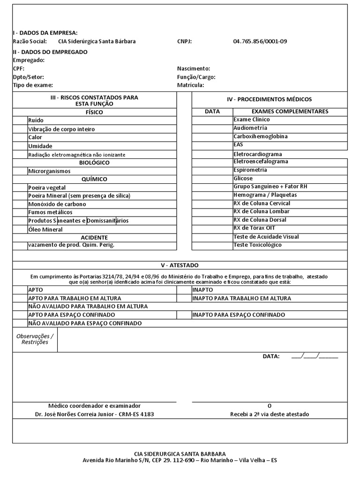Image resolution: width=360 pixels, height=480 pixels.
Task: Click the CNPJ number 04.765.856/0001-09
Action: pos(260,41)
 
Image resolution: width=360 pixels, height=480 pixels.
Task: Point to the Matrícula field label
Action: pos(190,85)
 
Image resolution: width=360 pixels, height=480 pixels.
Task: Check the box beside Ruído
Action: pos(20,120)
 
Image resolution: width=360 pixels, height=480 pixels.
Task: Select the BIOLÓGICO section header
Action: pos(94,163)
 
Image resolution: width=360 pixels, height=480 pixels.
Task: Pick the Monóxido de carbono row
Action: pos(57,204)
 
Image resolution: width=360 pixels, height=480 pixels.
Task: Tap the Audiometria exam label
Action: pos(250,128)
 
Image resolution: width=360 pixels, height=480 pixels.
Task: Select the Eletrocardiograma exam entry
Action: pos(257,154)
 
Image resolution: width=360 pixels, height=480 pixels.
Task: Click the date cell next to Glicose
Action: pos(212,179)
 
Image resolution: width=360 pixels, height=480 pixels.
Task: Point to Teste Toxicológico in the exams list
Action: pos(257,245)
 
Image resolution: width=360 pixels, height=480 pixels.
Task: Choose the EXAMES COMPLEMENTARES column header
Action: pos(290,112)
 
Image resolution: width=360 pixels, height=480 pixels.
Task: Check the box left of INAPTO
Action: pos(184,290)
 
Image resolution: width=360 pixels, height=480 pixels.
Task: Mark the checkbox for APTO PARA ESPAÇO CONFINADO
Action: pos(20,315)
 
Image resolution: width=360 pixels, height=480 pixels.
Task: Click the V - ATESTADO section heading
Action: pos(180,265)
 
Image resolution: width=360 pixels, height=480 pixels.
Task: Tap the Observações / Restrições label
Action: pos(35,339)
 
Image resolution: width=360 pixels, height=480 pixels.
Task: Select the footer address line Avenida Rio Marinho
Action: pos(180,460)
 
